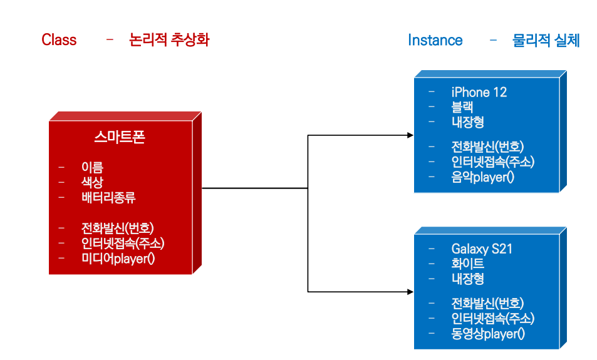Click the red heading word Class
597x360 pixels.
tap(59, 40)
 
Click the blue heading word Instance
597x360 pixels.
tap(435, 41)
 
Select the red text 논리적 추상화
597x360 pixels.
tap(169, 40)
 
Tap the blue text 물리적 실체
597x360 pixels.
tap(546, 41)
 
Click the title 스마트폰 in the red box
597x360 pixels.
tap(120, 137)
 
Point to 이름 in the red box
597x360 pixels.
tap(92, 167)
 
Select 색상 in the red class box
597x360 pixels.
tap(92, 182)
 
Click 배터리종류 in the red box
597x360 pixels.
tap(108, 198)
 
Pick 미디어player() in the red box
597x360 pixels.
tap(118, 258)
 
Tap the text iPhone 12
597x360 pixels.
tap(479, 92)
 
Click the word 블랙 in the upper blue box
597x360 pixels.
tap(462, 107)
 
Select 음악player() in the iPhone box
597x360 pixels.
tap(482, 177)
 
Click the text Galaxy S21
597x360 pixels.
tap(481, 249)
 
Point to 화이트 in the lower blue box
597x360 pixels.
tap(467, 264)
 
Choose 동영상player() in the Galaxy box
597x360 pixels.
tap(488, 334)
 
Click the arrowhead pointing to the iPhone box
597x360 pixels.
tap(410, 135)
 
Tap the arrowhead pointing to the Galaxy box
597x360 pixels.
tap(410, 292)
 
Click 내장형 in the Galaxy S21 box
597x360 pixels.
tap(467, 279)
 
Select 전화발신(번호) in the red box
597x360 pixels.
tap(117, 228)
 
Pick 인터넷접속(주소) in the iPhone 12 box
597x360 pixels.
tap(492, 162)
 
